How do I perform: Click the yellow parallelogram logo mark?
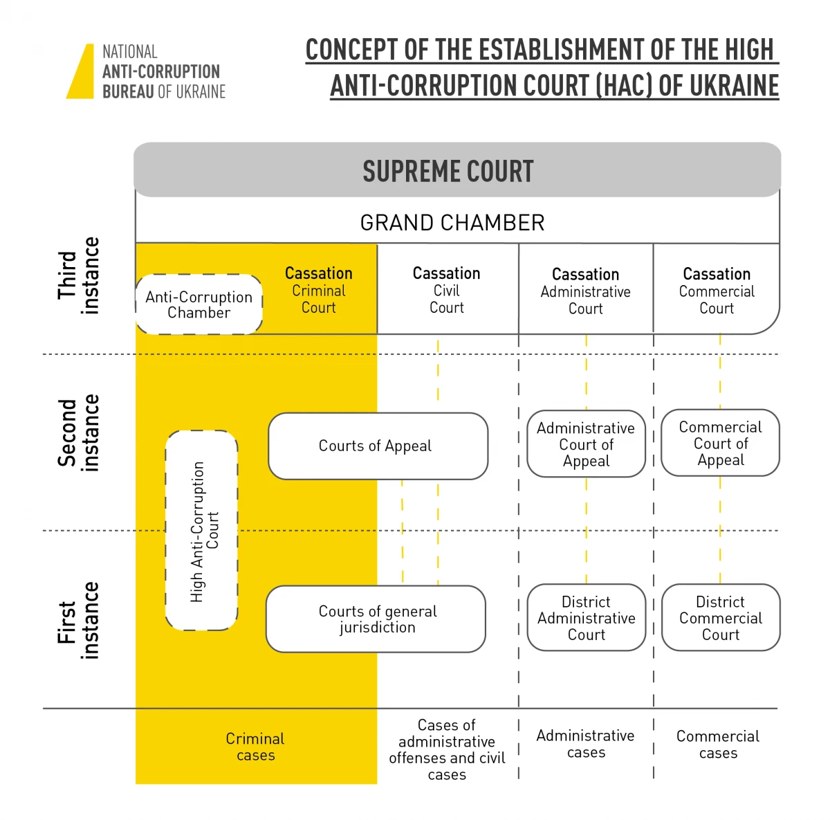coord(81,72)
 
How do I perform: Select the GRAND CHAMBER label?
coord(452,223)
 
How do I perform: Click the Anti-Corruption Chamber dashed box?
coord(199,304)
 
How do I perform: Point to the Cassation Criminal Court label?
coord(319,291)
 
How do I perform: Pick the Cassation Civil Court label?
coord(447,291)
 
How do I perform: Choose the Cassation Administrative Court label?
coord(586,291)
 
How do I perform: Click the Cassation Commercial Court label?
coord(717,291)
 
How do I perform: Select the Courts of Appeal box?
coord(378,446)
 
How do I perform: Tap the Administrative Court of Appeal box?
coord(587,444)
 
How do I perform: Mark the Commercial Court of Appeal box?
coord(721,444)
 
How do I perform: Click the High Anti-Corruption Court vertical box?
coord(202,531)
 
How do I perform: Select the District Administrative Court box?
coord(587,618)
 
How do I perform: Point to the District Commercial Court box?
coord(721,618)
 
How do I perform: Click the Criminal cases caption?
coord(255,747)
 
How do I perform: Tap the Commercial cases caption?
coord(718,745)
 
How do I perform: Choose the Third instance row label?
coord(78,275)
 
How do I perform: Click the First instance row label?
coord(78,621)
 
